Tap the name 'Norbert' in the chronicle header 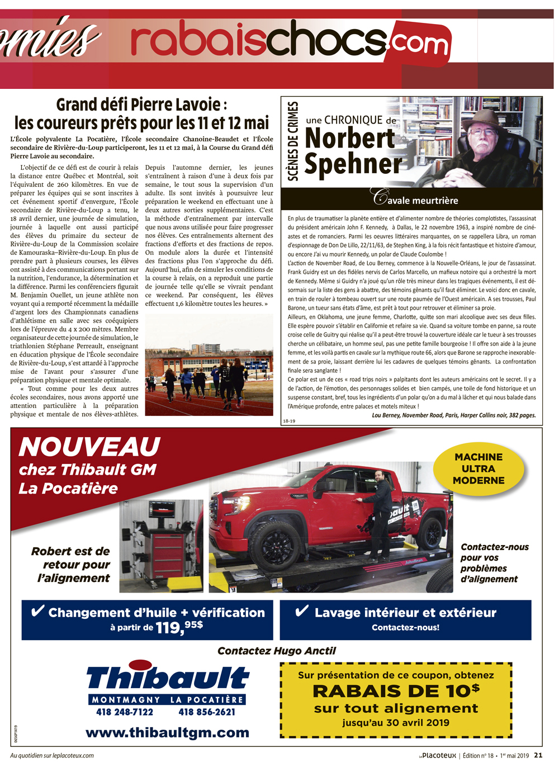pyautogui.click(x=350, y=139)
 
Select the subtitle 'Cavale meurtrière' pyautogui.click(x=416, y=199)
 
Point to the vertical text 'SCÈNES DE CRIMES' pyautogui.click(x=293, y=141)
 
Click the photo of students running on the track pyautogui.click(x=209, y=364)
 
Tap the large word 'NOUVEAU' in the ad pyautogui.click(x=89, y=447)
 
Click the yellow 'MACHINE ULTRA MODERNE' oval pyautogui.click(x=479, y=468)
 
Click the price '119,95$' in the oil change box pyautogui.click(x=179, y=627)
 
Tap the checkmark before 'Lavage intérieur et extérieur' pyautogui.click(x=302, y=611)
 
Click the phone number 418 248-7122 pyautogui.click(x=125, y=712)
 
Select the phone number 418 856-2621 pyautogui.click(x=207, y=712)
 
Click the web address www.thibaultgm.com pyautogui.click(x=167, y=732)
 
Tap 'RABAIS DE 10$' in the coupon pyautogui.click(x=396, y=691)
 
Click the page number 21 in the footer pyautogui.click(x=538, y=755)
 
